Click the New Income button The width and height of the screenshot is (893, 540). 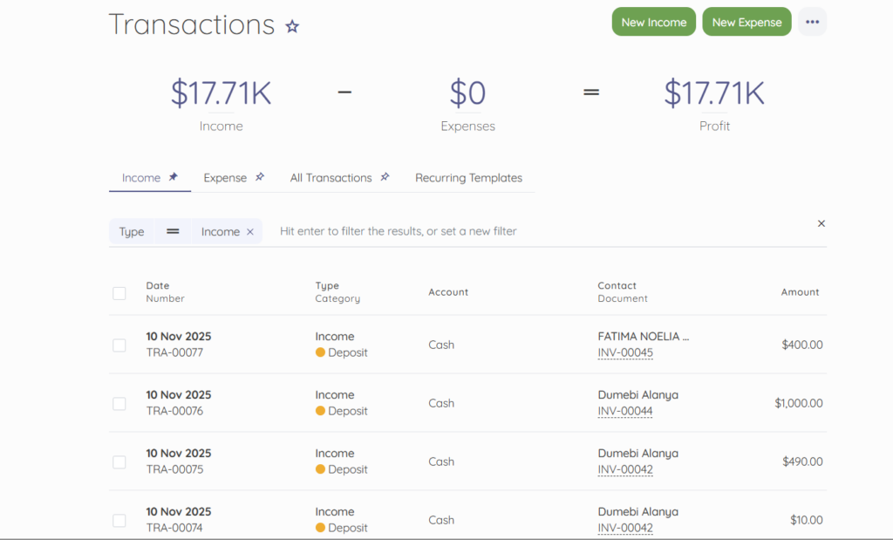click(x=654, y=23)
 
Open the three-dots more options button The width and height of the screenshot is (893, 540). click(x=812, y=23)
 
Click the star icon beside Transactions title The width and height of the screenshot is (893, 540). click(x=292, y=26)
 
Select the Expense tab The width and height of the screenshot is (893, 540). click(x=225, y=178)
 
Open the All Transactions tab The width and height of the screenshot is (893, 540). click(x=331, y=178)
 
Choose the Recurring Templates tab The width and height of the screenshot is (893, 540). click(x=468, y=178)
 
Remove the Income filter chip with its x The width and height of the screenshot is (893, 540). click(x=250, y=232)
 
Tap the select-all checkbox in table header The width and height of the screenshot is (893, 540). click(x=119, y=293)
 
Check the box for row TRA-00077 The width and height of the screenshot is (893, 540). click(x=119, y=345)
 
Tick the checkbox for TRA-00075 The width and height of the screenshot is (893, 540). click(x=119, y=462)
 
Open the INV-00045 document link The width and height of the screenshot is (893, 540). click(x=625, y=353)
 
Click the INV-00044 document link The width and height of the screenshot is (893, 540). click(x=625, y=412)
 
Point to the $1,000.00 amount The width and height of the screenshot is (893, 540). click(x=798, y=403)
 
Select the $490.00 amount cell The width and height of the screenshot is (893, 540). click(x=802, y=461)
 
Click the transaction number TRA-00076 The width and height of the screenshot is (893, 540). click(x=174, y=412)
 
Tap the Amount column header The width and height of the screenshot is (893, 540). click(x=800, y=292)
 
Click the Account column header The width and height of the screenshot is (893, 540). click(x=448, y=292)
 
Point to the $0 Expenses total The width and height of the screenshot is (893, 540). click(x=467, y=93)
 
